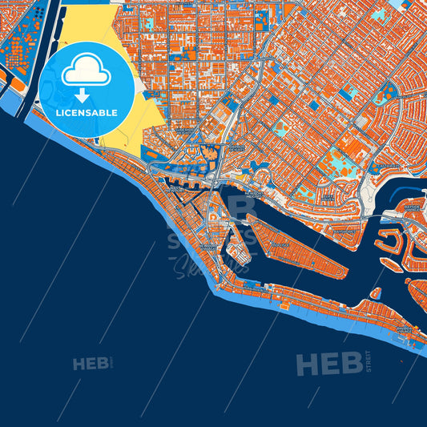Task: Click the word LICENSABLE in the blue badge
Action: (87, 113)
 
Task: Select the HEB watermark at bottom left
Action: (91, 365)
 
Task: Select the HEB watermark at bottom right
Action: (328, 365)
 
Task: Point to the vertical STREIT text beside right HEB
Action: (368, 362)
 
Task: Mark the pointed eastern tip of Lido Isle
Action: (347, 273)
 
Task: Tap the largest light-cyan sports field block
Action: (339, 164)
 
